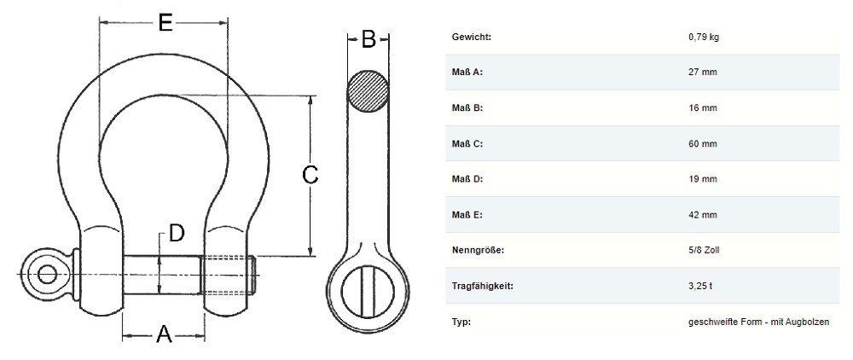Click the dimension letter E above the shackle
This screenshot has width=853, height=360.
click(165, 23)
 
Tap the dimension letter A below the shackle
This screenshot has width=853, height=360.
click(164, 334)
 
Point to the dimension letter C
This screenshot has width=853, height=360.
click(310, 175)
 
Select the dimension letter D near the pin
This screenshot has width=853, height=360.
click(177, 233)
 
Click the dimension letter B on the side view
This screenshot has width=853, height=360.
click(368, 39)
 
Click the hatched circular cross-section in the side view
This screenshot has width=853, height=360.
click(368, 91)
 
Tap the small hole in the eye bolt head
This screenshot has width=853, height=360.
click(47, 274)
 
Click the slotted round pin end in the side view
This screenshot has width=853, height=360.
click(368, 293)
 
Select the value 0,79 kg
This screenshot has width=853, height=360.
click(704, 38)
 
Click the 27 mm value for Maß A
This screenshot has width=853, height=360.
click(702, 72)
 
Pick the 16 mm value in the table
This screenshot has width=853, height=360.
click(702, 107)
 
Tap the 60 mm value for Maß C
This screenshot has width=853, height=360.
click(702, 143)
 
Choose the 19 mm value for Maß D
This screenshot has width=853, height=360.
click(702, 179)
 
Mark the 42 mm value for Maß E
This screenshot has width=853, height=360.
click(702, 215)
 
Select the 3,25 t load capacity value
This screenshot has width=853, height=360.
click(700, 286)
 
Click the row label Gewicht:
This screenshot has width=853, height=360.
click(472, 37)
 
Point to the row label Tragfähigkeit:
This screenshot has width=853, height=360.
click(483, 286)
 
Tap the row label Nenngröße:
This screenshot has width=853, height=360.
click(479, 251)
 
